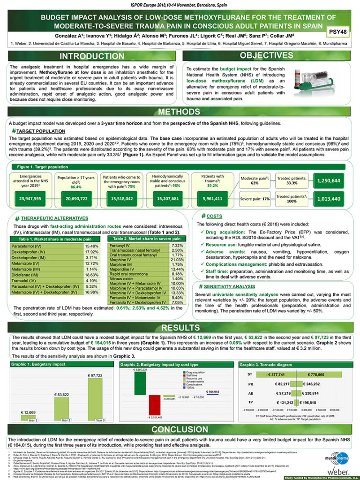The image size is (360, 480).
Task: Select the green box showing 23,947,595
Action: pyautogui.click(x=31, y=198)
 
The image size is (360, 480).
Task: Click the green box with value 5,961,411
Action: pyautogui.click(x=212, y=198)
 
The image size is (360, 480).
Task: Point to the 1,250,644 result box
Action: pyautogui.click(x=328, y=180)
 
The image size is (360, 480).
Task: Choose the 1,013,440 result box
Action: pyautogui.click(x=328, y=198)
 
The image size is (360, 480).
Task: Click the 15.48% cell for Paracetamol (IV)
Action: pyautogui.click(x=92, y=246)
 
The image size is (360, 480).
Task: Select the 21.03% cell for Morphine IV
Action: pyautogui.click(x=177, y=260)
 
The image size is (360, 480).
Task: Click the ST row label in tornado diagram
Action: pyautogui.click(x=249, y=375)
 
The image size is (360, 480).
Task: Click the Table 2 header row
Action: pyautogui.click(x=145, y=239)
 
